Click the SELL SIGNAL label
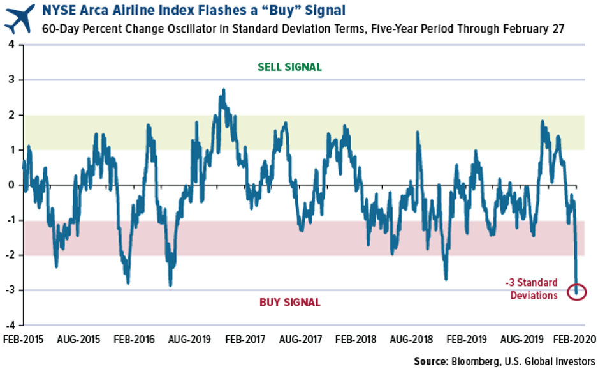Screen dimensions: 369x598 (x=289, y=67)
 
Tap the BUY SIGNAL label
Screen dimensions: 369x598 (x=289, y=302)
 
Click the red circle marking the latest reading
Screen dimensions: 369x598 (x=577, y=292)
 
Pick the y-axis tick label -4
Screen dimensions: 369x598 (x=10, y=325)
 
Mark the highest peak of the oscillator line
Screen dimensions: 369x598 (x=222, y=91)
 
